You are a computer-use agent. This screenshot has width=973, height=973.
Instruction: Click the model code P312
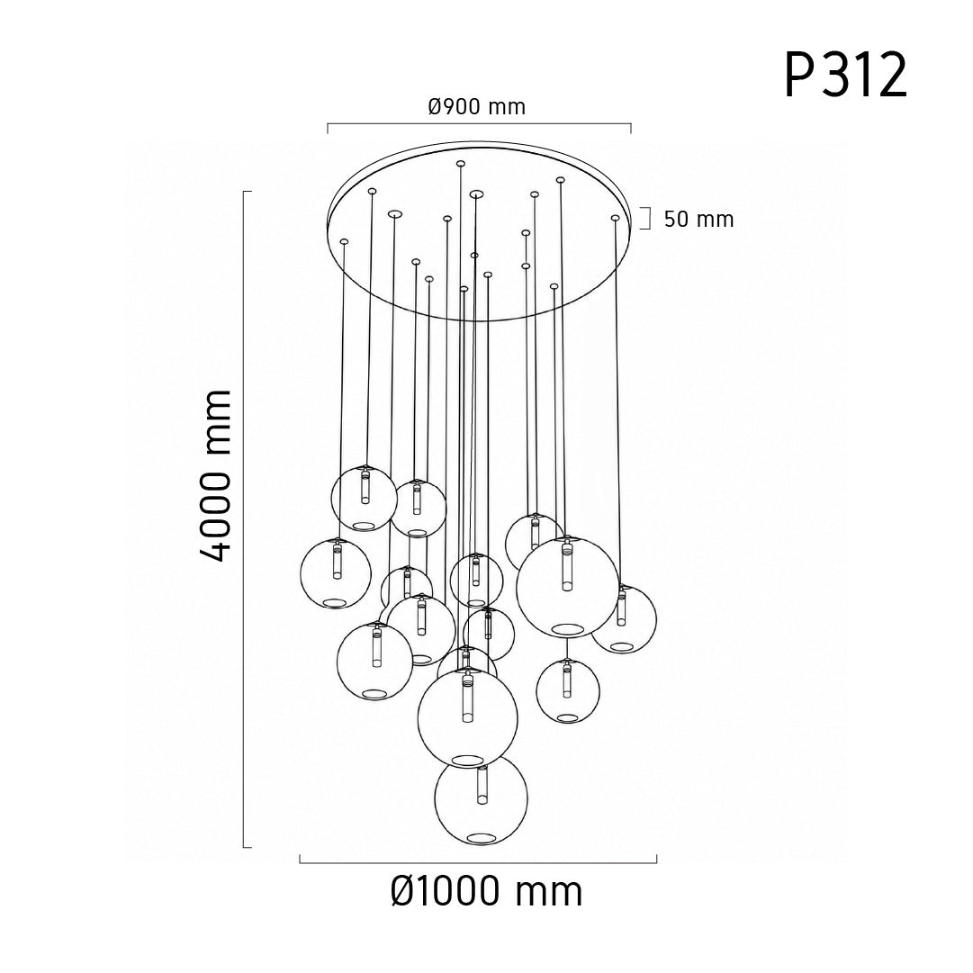[846, 75]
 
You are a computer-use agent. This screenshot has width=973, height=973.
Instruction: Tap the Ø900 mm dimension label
[476, 107]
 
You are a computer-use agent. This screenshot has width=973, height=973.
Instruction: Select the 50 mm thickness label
[698, 219]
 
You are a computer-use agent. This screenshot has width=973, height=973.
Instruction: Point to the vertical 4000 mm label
[216, 476]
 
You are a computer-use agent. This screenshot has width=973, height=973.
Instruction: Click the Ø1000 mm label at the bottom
[486, 891]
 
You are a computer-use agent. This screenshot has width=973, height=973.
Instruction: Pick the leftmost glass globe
[301, 574]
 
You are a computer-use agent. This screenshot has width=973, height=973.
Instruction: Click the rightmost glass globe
[655, 620]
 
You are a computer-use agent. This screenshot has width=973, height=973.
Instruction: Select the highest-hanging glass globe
[332, 497]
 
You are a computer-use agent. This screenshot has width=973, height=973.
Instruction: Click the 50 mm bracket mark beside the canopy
[649, 219]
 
